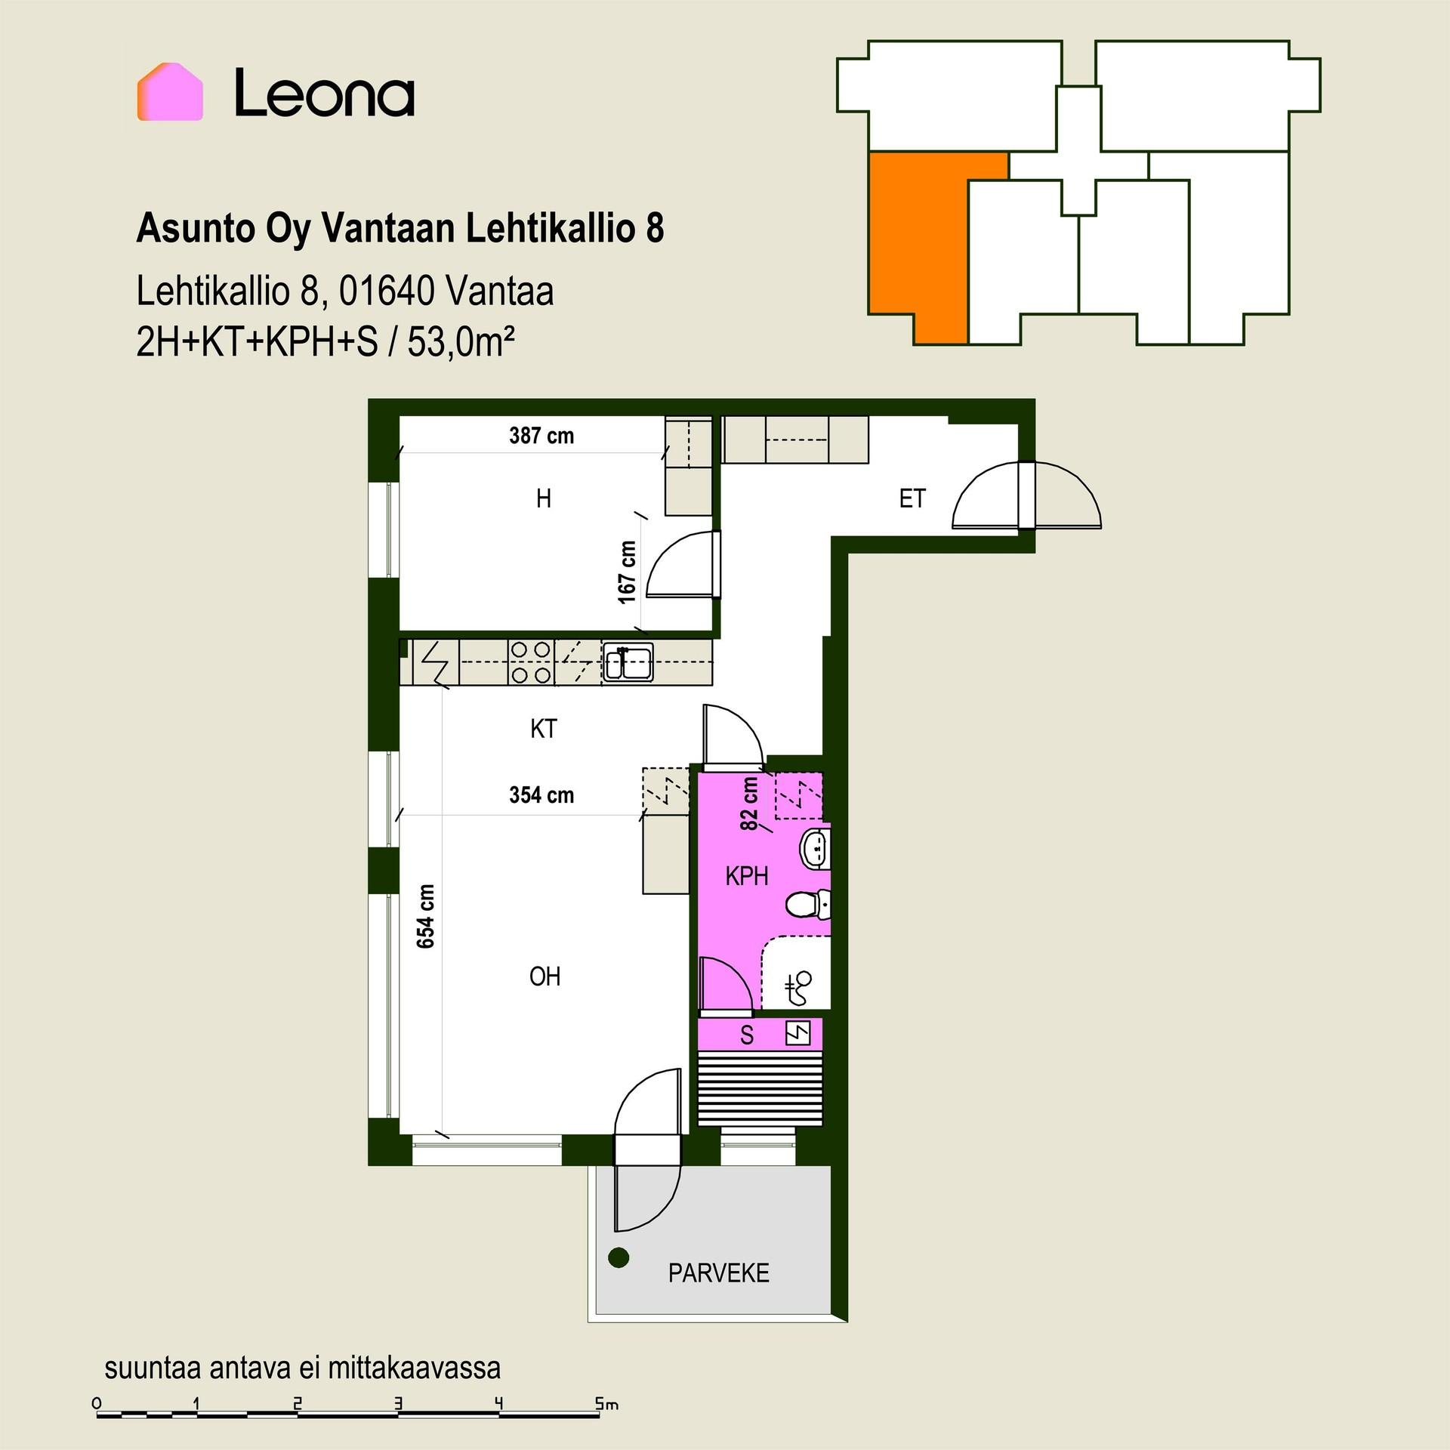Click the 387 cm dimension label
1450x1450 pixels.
[x=541, y=436]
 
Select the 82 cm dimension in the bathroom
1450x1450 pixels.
[x=749, y=804]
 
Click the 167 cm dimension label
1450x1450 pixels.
[x=628, y=572]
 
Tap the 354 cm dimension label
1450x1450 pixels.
[x=541, y=795]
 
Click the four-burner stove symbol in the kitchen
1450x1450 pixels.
[x=531, y=662]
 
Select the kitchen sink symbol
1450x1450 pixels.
[x=627, y=662]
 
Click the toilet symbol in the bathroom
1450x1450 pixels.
[x=808, y=904]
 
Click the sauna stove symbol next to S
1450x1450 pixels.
[x=798, y=1033]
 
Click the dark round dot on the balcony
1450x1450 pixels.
[x=619, y=1257]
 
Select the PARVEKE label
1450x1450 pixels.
[x=718, y=1273]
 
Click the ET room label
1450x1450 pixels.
[x=912, y=498]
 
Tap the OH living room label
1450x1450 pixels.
[x=545, y=976]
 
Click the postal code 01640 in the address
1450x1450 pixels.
[x=387, y=292]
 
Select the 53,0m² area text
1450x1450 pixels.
[x=461, y=344]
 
